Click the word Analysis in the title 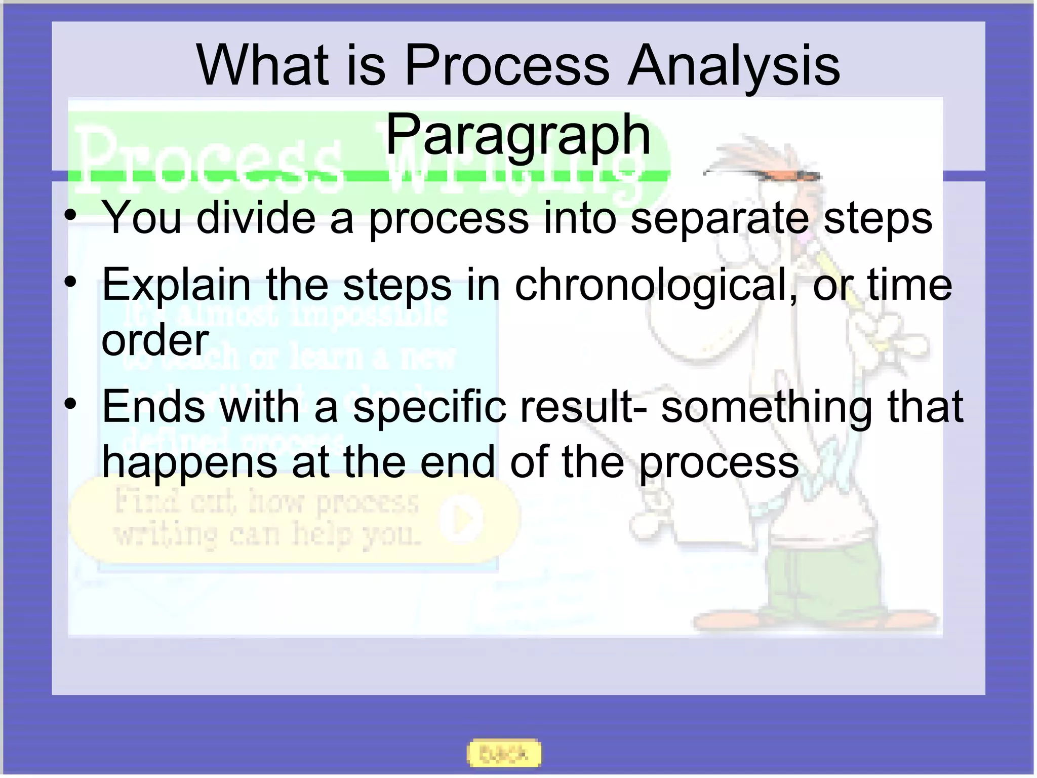pyautogui.click(x=733, y=66)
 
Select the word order pyautogui.click(x=155, y=340)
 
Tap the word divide pyautogui.click(x=256, y=218)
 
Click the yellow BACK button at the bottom pyautogui.click(x=503, y=754)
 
